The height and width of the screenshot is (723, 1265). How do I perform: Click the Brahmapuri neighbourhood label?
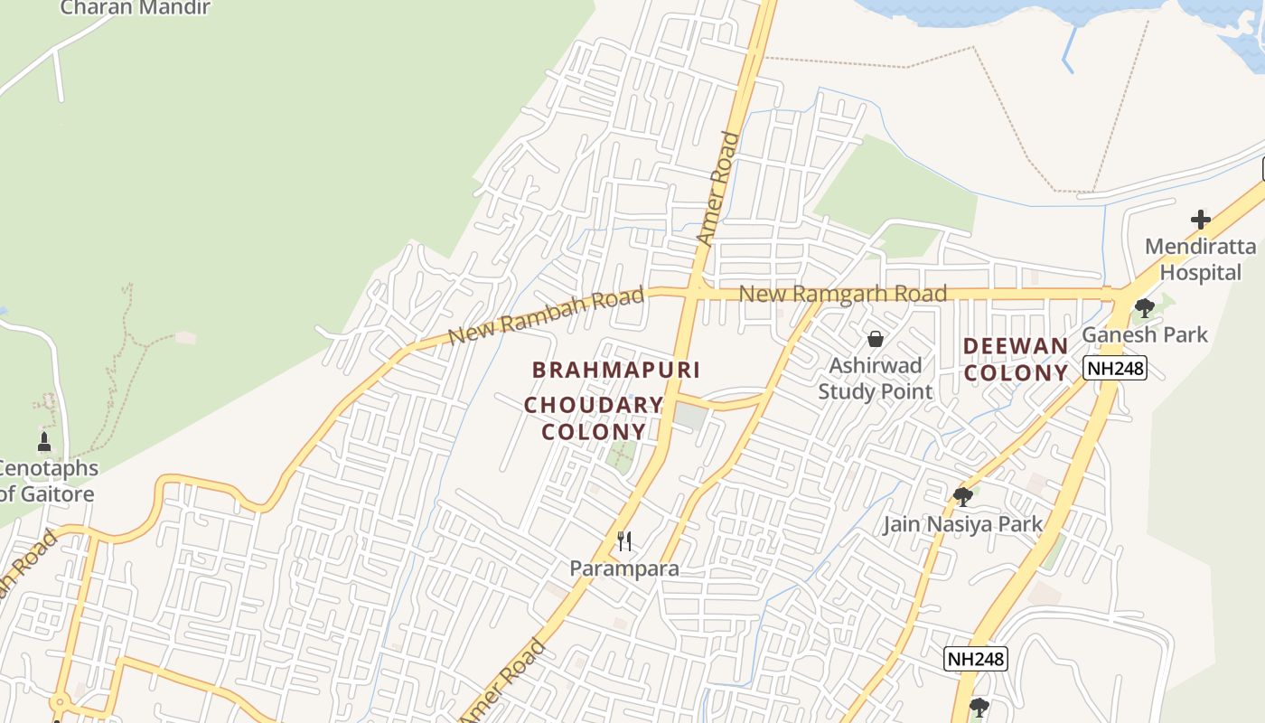(616, 370)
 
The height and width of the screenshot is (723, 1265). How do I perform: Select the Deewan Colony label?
(1016, 359)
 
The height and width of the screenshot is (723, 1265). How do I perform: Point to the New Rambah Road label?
(547, 315)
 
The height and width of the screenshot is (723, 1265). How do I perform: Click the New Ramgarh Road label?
(843, 294)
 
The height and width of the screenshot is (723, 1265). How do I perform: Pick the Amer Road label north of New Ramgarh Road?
(718, 189)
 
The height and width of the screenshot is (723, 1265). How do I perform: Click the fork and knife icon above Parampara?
(623, 541)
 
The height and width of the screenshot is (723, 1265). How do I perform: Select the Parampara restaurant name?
(623, 568)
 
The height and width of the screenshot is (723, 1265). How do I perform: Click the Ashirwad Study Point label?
(876, 378)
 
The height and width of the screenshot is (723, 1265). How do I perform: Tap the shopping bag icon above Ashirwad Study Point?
(875, 339)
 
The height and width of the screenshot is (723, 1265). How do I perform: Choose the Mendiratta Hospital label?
(1200, 258)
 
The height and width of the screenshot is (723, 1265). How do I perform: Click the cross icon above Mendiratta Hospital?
(1200, 220)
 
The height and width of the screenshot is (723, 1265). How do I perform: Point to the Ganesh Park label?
(1145, 334)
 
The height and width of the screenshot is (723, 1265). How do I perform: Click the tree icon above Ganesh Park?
(1145, 308)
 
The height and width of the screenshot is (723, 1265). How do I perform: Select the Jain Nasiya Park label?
(962, 524)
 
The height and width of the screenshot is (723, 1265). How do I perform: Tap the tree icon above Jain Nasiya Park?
(962, 496)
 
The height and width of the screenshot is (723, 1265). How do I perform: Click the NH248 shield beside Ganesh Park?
(1115, 368)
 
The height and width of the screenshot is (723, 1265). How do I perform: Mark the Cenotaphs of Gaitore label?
(47, 481)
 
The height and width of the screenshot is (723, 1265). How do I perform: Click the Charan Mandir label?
(135, 8)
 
